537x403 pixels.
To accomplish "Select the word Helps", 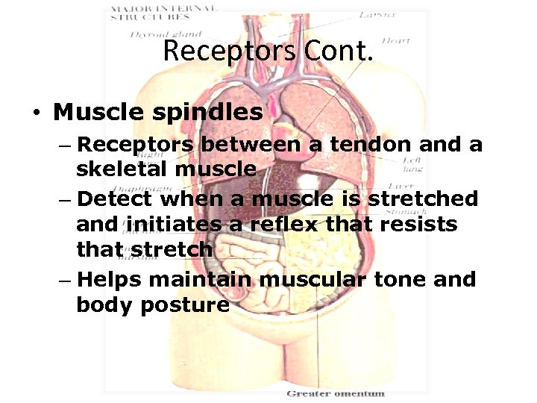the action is coord(109,280).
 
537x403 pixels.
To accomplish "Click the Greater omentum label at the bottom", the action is coord(336,393).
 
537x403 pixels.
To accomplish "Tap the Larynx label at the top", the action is coord(376,14).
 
